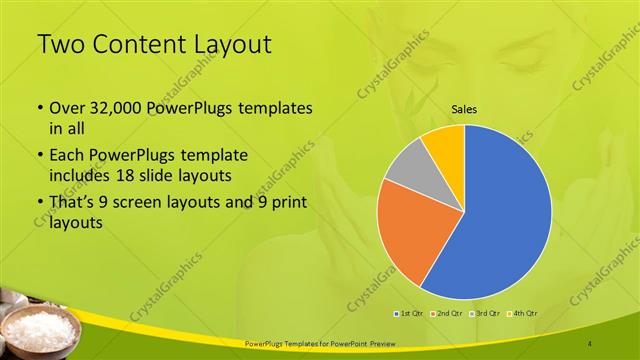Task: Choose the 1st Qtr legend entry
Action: coord(410,314)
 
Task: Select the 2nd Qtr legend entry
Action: coord(447,314)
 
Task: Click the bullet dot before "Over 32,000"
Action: coord(39,108)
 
